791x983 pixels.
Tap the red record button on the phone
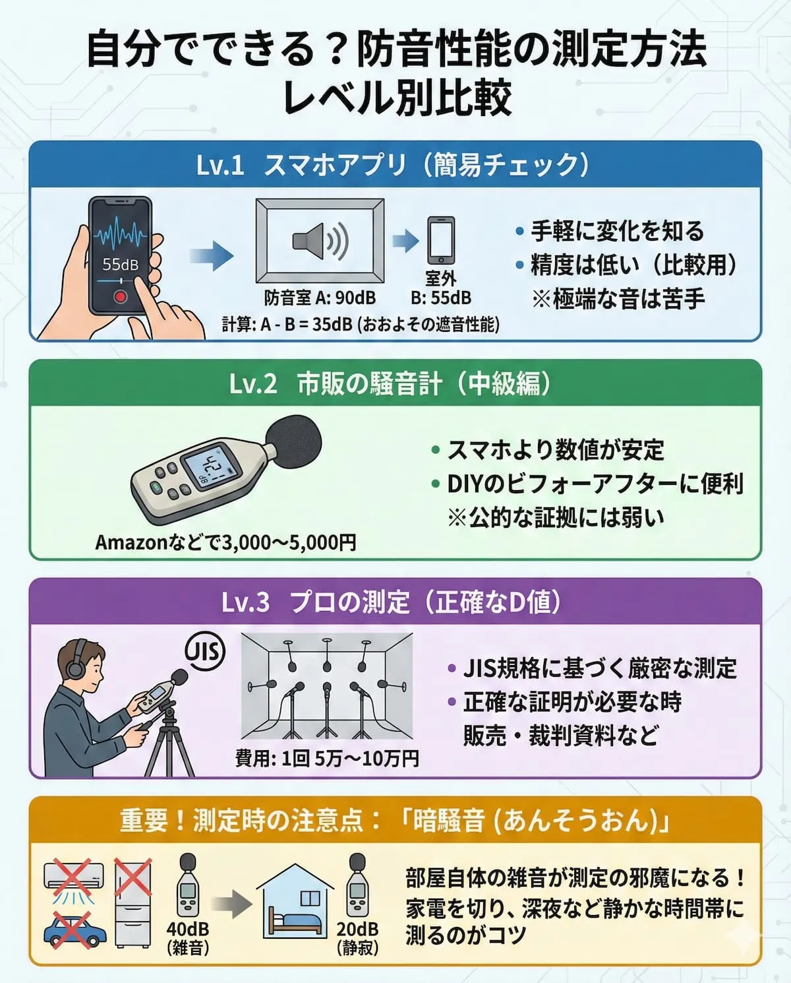coord(120,296)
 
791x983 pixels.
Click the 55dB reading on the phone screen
coord(120,265)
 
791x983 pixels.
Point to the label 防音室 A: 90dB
coord(320,298)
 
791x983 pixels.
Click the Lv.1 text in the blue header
coord(220,166)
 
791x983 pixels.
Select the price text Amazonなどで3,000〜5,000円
coord(225,542)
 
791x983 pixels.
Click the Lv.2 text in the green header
coord(253,384)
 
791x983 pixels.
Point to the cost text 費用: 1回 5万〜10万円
coord(327,759)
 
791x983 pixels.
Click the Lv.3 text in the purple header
coord(245,602)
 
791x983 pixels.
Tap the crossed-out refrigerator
coord(133,903)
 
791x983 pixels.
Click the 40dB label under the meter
coord(188,929)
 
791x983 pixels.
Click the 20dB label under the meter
coord(357,929)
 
